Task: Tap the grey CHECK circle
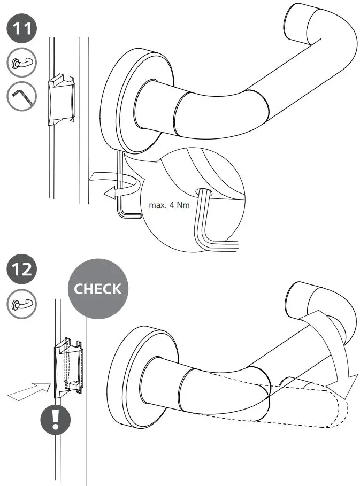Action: [98, 289]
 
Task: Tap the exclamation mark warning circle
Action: [56, 418]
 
